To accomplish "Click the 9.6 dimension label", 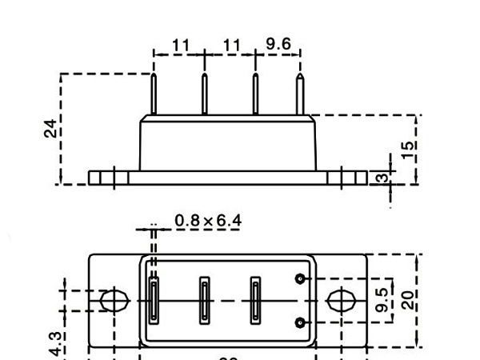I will (x=278, y=44).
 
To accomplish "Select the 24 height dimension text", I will (x=50, y=128).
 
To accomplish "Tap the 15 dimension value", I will (x=408, y=150).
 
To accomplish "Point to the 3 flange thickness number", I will (x=382, y=178).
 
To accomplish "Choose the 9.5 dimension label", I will (x=383, y=300).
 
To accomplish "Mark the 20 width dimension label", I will (x=408, y=300).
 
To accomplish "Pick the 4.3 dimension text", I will (x=55, y=344).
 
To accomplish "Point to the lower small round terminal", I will (x=300, y=322).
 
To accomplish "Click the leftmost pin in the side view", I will (x=154, y=94).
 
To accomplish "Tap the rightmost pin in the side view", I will (x=301, y=94).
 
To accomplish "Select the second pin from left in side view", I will (x=204, y=94).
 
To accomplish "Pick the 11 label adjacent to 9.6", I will (x=232, y=45).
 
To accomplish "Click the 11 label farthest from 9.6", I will (x=181, y=45).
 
